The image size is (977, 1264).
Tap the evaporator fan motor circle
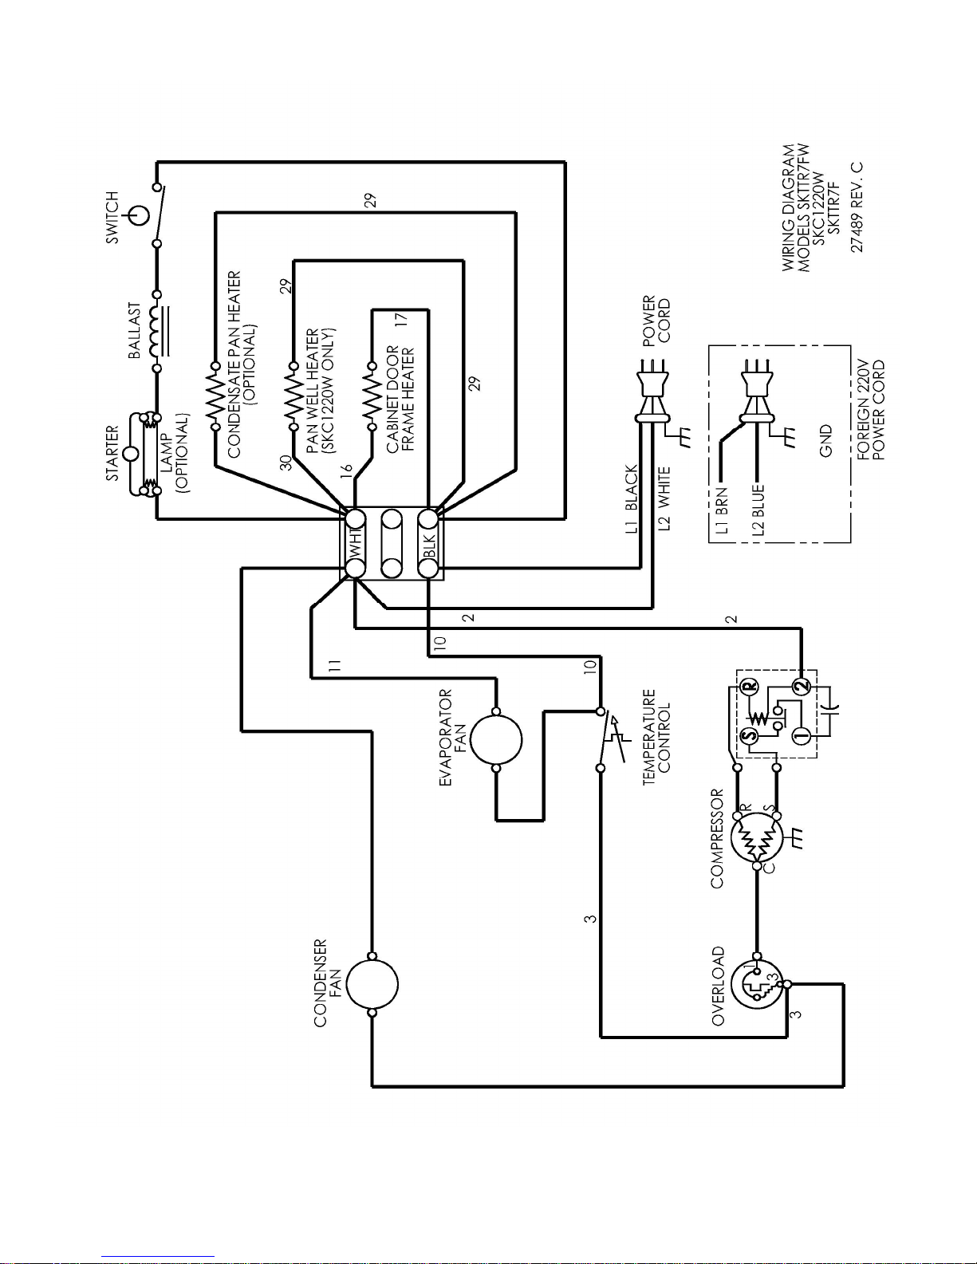(x=496, y=740)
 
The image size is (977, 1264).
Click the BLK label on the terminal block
(x=429, y=544)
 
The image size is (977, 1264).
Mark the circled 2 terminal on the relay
(x=802, y=687)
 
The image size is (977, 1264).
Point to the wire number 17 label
(x=400, y=319)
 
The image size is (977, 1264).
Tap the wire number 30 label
(x=286, y=463)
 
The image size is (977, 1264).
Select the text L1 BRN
(x=722, y=510)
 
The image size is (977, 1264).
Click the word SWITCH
(x=112, y=218)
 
